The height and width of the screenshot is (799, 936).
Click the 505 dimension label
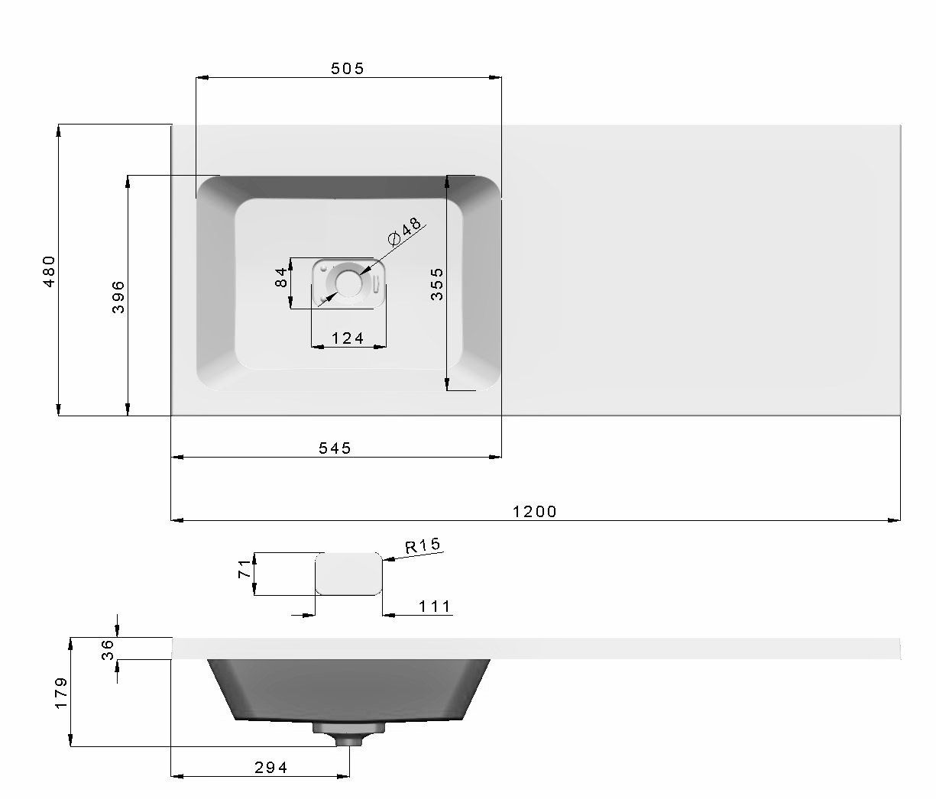coord(348,68)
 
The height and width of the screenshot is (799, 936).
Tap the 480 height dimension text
coord(49,271)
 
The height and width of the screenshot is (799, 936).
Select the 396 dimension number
coord(118,297)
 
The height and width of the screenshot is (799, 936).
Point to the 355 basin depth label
coord(437,284)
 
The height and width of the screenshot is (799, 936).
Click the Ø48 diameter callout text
coord(404,231)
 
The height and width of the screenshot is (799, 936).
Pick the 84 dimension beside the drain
coord(280,277)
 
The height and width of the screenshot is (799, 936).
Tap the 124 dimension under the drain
coord(348,338)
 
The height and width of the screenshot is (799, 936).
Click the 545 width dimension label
coord(335,448)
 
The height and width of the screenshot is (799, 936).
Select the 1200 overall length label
coord(534,512)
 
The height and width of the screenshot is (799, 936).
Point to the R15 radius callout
coord(423,545)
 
